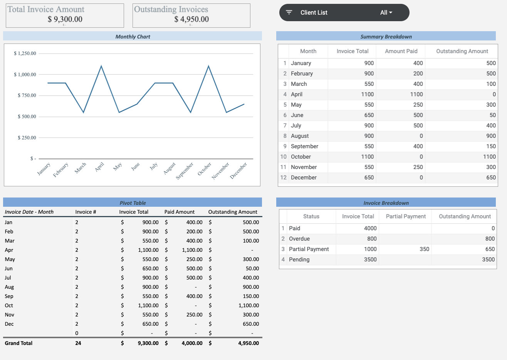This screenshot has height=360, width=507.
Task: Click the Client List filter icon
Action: pos(289,12)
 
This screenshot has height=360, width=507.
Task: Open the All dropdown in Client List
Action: pos(386,13)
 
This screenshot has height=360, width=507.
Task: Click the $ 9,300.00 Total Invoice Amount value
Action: pos(65,19)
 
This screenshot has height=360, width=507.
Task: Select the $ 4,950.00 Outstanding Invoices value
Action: pos(191,19)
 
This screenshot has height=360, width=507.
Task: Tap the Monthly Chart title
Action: pos(133,37)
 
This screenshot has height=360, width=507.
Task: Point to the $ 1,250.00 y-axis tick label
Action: pos(25,54)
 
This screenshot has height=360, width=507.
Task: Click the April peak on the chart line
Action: pos(101,66)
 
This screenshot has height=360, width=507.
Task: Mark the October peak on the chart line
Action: pos(208,66)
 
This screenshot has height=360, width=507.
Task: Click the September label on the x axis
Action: pos(185,171)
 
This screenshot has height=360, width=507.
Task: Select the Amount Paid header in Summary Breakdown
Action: pos(401,51)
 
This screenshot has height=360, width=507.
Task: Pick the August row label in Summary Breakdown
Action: pos(300,136)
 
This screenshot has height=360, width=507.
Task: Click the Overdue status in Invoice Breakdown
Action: pos(299,239)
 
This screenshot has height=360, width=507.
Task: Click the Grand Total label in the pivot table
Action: pos(18,343)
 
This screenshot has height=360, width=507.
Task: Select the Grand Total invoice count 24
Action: pos(78,343)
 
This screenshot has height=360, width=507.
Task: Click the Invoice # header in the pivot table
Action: pos(86,212)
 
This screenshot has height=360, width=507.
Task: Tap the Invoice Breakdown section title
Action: pos(386,203)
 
